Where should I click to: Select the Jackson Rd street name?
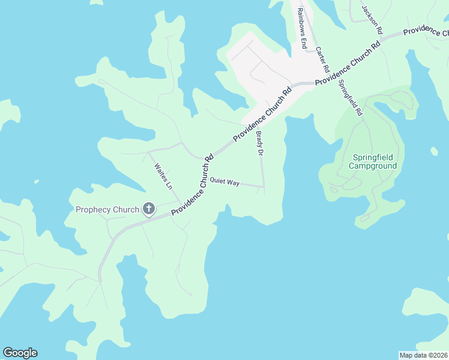point(372,19)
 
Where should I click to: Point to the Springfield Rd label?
point(351,97)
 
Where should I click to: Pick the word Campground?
point(373,166)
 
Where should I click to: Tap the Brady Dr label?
point(260,144)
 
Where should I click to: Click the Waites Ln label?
point(163,177)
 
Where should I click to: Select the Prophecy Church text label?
point(107,209)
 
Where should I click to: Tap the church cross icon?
point(148,209)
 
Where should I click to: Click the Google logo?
point(20,353)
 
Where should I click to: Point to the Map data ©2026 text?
point(423,355)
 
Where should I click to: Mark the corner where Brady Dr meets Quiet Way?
point(264,187)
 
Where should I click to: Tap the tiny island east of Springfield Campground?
point(434,151)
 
